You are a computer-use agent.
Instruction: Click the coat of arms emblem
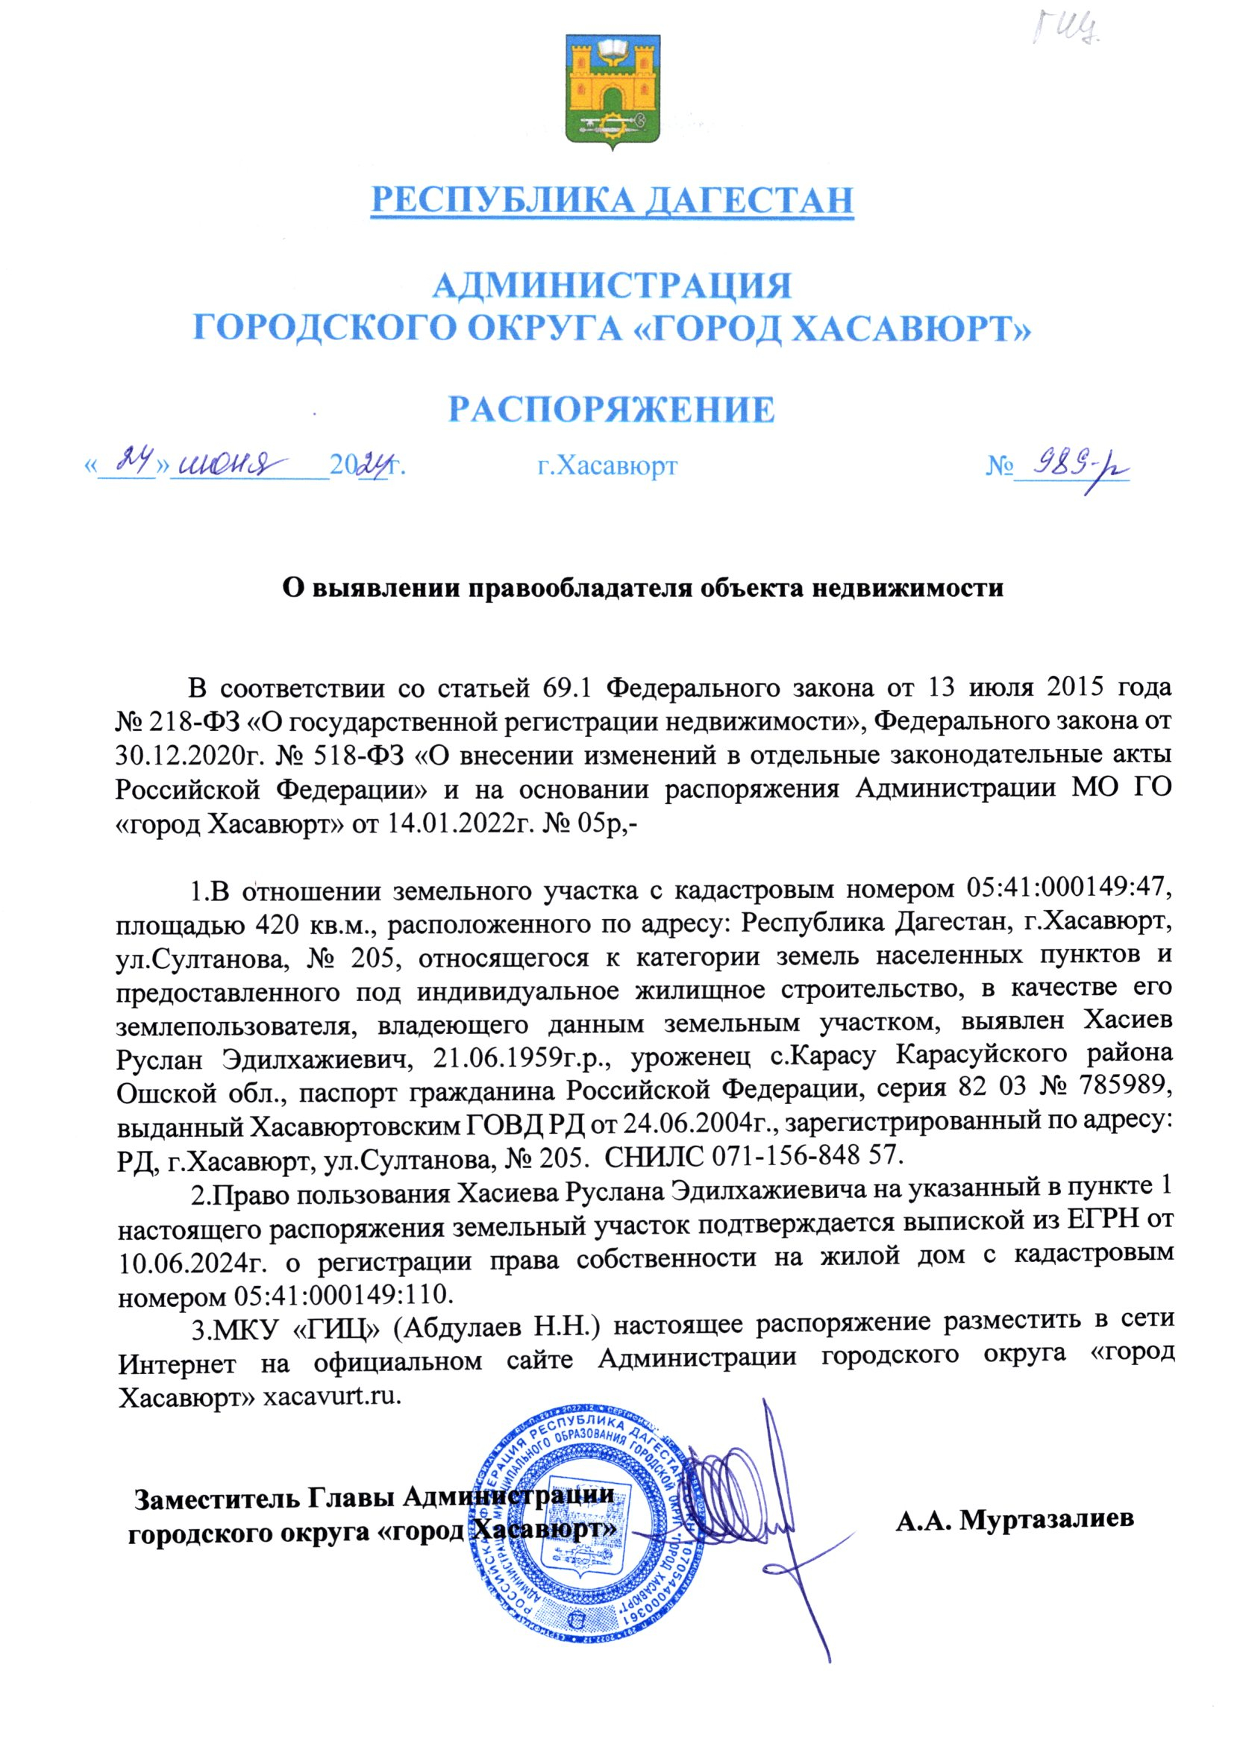click(613, 92)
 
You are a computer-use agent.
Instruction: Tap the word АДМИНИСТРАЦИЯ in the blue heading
click(613, 286)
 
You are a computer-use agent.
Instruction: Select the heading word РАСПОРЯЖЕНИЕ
click(613, 409)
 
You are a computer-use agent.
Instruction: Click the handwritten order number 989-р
click(1071, 463)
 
